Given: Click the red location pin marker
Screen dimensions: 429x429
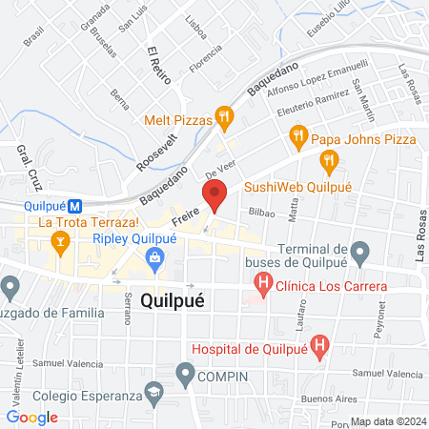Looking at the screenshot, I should coord(215,195).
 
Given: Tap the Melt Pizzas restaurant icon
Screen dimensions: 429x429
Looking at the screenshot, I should coord(225,117).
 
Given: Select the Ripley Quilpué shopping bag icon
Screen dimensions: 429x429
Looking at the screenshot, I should coord(154,257).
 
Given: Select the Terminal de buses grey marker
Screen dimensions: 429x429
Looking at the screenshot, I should coord(359,254).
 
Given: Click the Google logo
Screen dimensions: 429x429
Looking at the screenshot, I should coord(32,417).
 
